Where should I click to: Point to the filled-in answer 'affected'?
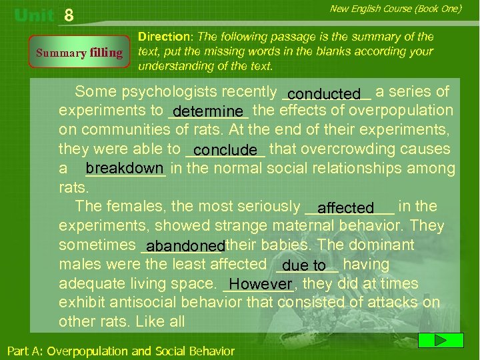(x=345, y=209)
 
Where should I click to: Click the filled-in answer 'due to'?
(x=304, y=266)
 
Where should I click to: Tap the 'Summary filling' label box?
(x=79, y=53)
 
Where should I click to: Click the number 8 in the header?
(x=69, y=15)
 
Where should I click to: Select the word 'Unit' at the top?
(x=35, y=15)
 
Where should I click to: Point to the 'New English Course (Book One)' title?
(x=395, y=9)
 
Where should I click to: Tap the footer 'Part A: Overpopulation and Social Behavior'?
(x=121, y=351)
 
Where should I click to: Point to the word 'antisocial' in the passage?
(x=135, y=302)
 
